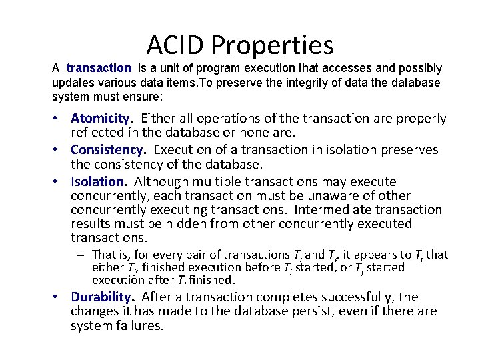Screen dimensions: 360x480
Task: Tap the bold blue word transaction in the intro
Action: point(99,68)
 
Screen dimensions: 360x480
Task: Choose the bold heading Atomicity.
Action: point(102,119)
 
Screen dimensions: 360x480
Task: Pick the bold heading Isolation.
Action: point(99,181)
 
